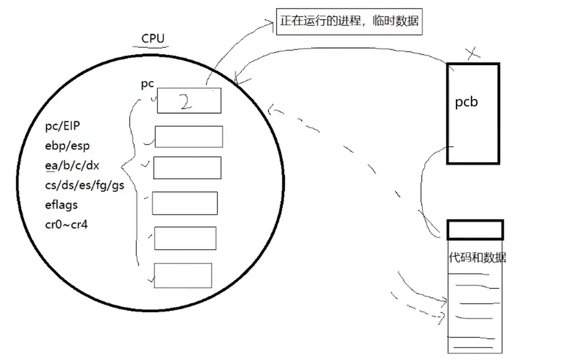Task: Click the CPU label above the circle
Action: pyautogui.click(x=153, y=38)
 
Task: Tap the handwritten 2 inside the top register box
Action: pyautogui.click(x=186, y=102)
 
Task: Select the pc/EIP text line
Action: pyautogui.click(x=62, y=127)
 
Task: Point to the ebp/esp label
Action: pyautogui.click(x=67, y=146)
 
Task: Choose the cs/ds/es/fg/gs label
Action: pyautogui.click(x=84, y=185)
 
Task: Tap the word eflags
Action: pyautogui.click(x=61, y=205)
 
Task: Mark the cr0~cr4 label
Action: pyautogui.click(x=66, y=224)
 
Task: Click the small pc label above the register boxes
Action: pyautogui.click(x=147, y=84)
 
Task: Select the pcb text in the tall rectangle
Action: pyautogui.click(x=466, y=102)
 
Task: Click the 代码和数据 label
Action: pyautogui.click(x=477, y=258)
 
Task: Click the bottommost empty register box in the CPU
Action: pyautogui.click(x=183, y=275)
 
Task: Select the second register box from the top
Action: pyautogui.click(x=189, y=136)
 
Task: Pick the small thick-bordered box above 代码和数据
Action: pyautogui.click(x=475, y=230)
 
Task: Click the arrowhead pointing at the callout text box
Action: pyautogui.click(x=270, y=23)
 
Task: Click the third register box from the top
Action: pyautogui.click(x=187, y=168)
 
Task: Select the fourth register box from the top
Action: pyautogui.click(x=185, y=203)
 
